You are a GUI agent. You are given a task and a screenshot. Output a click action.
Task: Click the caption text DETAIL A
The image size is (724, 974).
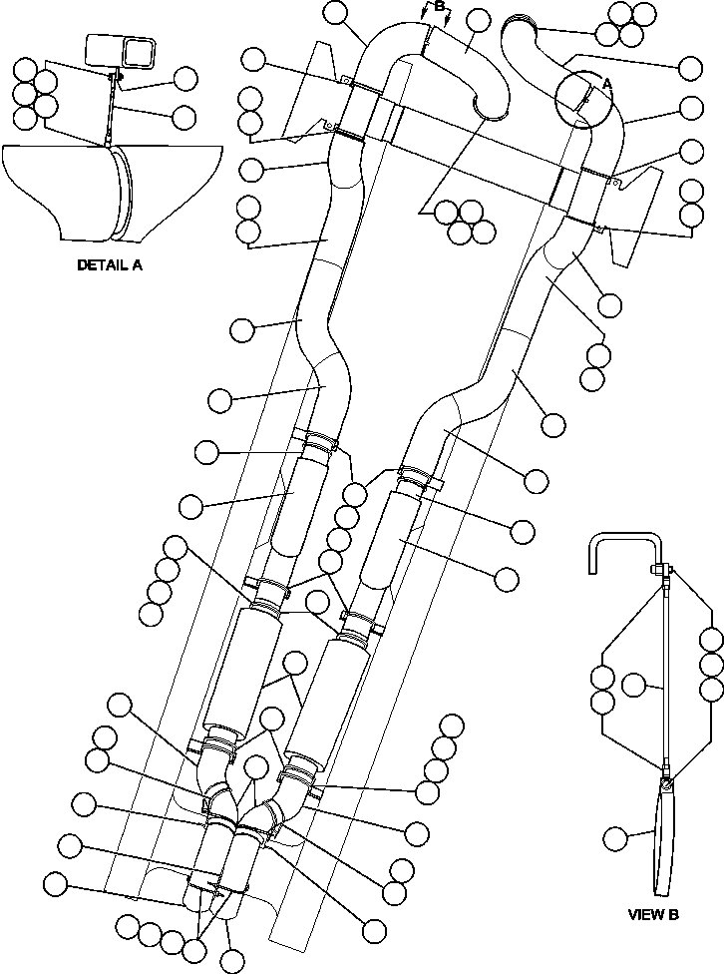pos(109,266)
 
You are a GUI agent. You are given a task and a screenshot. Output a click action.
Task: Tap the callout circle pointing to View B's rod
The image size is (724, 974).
pos(635,685)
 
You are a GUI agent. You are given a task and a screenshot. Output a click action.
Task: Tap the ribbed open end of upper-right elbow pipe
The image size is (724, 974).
pos(527,24)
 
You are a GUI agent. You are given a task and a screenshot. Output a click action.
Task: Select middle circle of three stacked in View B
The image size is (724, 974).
pos(711,665)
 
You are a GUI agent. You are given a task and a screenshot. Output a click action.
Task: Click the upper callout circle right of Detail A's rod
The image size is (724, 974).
pos(186,78)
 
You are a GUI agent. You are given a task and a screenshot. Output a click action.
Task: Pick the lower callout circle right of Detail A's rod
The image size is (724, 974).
pos(183,117)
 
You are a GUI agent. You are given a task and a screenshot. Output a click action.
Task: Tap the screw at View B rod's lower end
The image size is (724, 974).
pos(665,770)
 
